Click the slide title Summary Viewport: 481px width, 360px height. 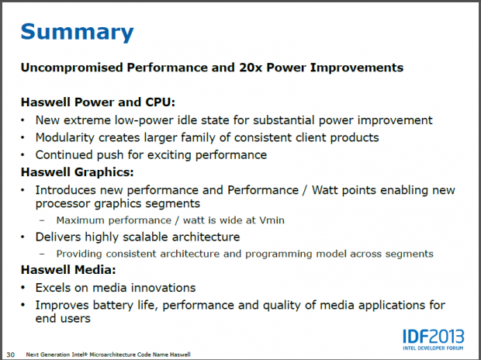[x=76, y=32]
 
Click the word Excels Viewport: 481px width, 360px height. [x=55, y=287]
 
